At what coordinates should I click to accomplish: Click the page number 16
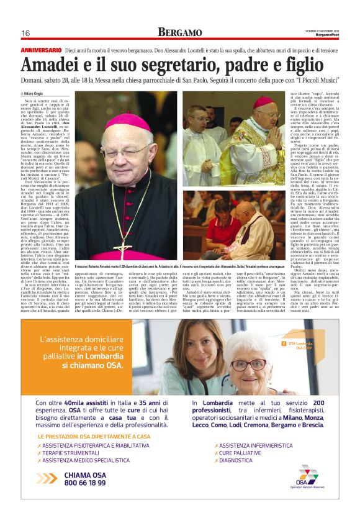point(25,33)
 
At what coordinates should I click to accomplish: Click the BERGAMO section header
point(179,32)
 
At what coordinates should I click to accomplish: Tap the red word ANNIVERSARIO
point(41,49)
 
